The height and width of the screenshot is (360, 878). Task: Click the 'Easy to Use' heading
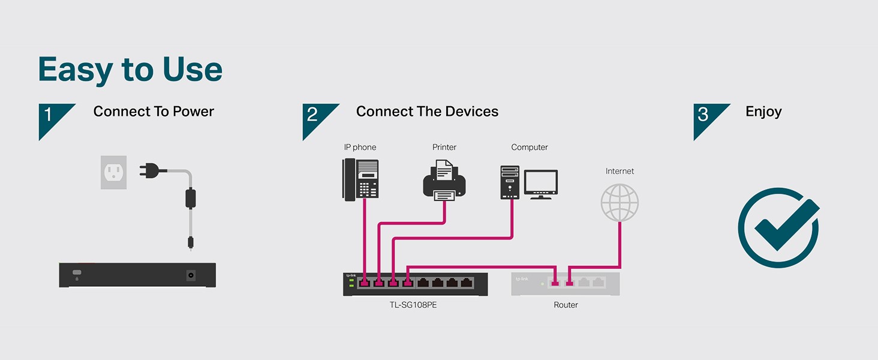tap(130, 70)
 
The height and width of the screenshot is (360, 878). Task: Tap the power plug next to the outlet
tap(150, 170)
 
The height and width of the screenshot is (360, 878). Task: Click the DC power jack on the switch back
tap(191, 275)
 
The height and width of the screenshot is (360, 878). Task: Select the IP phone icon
tap(360, 178)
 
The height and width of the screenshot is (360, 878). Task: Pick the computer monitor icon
tap(541, 184)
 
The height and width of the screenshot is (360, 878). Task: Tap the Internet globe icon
tap(620, 202)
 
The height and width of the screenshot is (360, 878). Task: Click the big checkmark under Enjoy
tap(780, 227)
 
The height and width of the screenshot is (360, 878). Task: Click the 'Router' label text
tap(566, 305)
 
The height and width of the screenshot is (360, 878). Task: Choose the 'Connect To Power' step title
tap(154, 112)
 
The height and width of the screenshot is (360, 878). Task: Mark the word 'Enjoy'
tap(763, 112)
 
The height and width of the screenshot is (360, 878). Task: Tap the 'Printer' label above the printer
tap(444, 147)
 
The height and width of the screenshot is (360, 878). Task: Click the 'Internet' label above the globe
tap(620, 171)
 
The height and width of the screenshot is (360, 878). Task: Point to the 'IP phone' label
tap(360, 147)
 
